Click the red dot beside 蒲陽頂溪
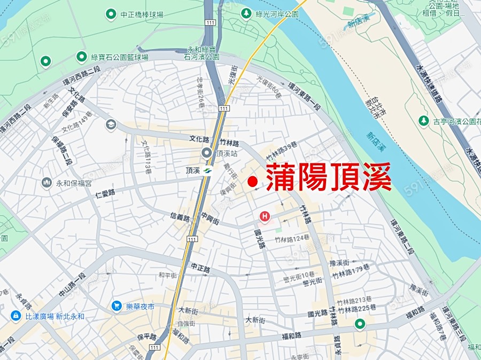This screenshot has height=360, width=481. pos(253,182)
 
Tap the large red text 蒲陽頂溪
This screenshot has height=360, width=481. pos(329,177)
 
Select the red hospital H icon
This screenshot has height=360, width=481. pos(264,216)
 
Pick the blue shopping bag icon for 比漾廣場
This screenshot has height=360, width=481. pos(15,316)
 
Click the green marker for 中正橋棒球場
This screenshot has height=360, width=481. pos(111,13)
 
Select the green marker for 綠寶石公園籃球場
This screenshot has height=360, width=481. pos(82,56)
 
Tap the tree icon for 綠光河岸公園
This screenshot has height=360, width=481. pos(247,13)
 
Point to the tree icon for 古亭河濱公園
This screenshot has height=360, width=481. pos(424,121)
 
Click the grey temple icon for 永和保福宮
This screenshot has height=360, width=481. pos(46,183)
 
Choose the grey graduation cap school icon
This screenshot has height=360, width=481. pos(111,124)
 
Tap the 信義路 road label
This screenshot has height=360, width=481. pos(180,216)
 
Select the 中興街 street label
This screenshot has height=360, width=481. pos(210,217)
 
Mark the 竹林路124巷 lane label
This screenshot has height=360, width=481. pos(292,240)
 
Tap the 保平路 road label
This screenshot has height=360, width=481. pos(146,337)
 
